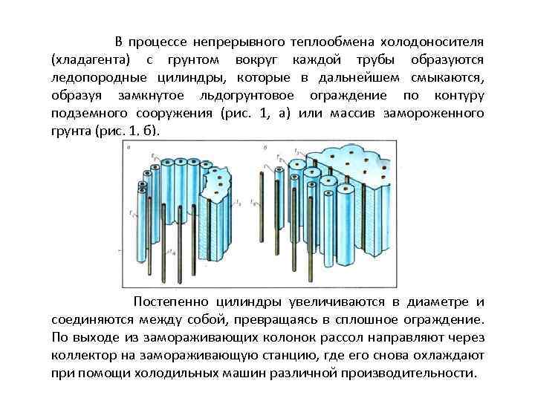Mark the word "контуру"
(x=453, y=96)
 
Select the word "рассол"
(x=339, y=337)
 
